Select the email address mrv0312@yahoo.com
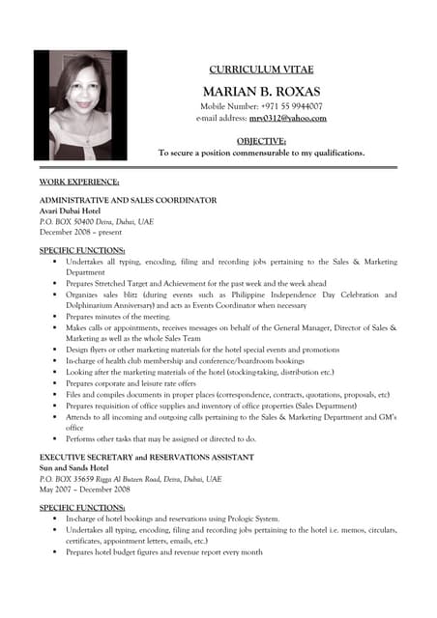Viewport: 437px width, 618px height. pyautogui.click(x=288, y=119)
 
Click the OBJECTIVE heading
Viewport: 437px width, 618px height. pyautogui.click(x=261, y=141)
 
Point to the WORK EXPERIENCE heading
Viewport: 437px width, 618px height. pyautogui.click(x=79, y=182)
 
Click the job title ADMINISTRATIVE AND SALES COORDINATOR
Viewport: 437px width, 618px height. pyautogui.click(x=128, y=200)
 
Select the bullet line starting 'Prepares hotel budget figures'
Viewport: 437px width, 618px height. pyautogui.click(x=164, y=552)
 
